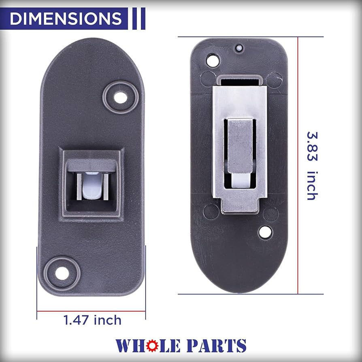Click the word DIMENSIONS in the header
point(65,19)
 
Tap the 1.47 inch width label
point(92,320)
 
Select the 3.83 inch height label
point(311,166)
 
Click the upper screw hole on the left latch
point(119,97)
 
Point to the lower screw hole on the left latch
point(62,273)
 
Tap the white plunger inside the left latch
point(89,187)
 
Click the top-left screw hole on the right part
point(211,61)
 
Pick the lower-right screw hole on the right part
point(265,232)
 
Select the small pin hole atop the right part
point(239,48)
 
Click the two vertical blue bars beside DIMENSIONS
point(138,19)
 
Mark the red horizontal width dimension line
point(91,311)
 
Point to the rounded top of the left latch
point(91,53)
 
